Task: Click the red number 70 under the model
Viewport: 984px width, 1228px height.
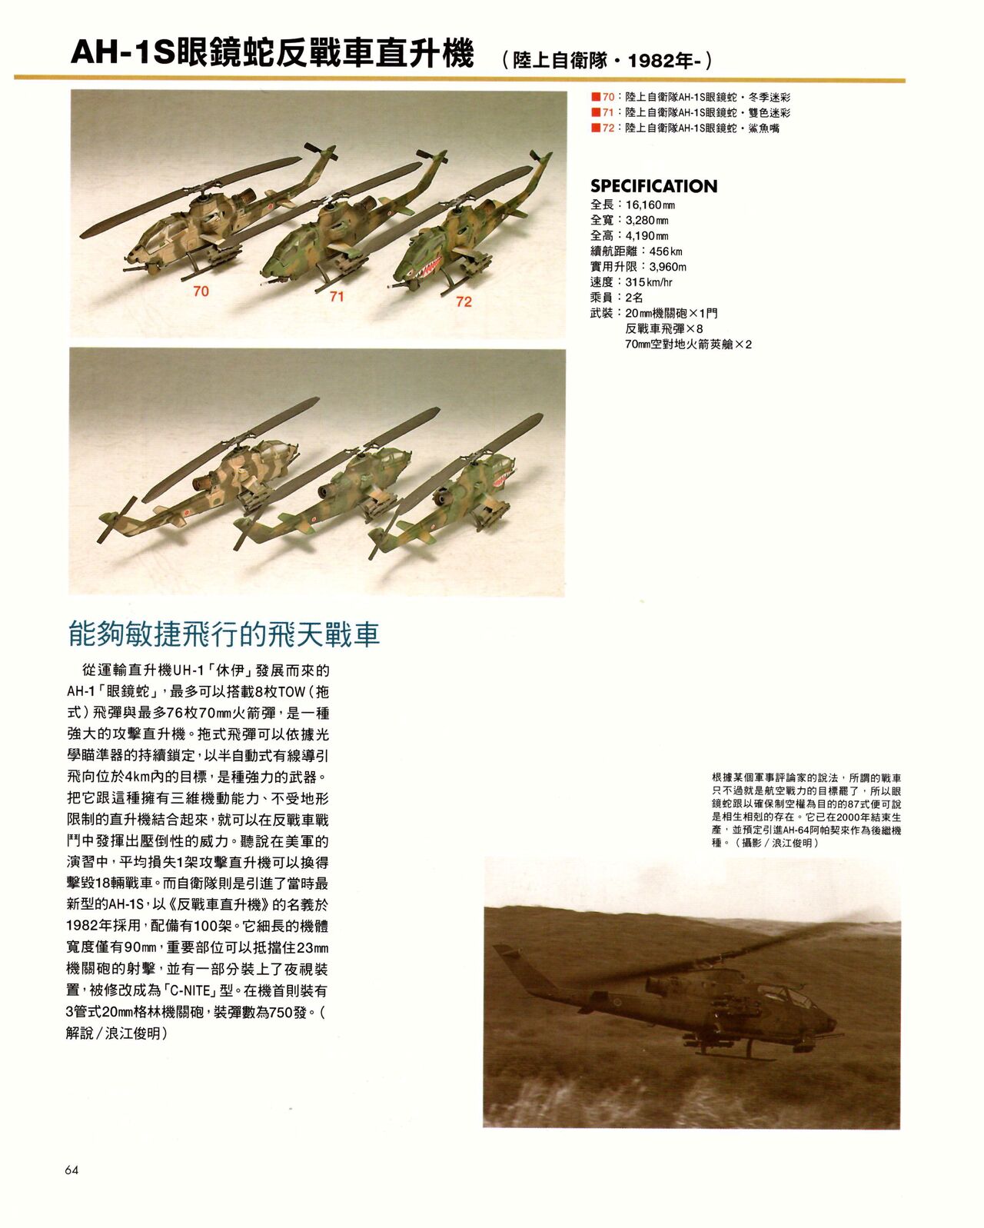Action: (201, 291)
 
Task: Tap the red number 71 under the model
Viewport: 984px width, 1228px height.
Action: (337, 297)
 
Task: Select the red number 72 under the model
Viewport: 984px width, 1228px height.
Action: (464, 301)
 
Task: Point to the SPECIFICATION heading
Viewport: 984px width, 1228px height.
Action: (653, 186)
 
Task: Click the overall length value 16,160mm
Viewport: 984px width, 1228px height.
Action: (650, 205)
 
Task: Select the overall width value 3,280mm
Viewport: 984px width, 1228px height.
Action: (647, 221)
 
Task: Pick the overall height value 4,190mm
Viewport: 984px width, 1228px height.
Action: (647, 236)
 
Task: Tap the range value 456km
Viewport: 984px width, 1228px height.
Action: (666, 251)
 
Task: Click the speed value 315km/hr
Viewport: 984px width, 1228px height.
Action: (649, 282)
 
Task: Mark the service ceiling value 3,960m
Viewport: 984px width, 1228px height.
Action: (667, 267)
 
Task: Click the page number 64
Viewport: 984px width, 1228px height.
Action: (72, 1170)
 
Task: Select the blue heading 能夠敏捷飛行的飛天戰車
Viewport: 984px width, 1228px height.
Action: (224, 635)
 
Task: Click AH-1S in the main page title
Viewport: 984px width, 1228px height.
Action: (123, 54)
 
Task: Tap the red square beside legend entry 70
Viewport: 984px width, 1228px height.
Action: (595, 98)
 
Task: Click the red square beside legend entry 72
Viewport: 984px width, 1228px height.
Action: (595, 128)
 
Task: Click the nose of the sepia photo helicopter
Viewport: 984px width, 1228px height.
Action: (829, 1023)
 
